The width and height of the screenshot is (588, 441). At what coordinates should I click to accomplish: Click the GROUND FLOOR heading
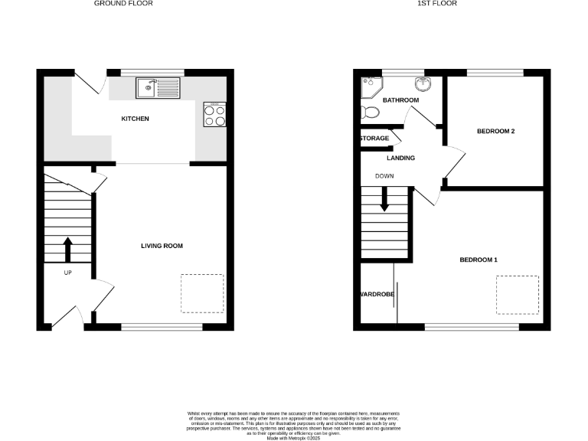[122, 4]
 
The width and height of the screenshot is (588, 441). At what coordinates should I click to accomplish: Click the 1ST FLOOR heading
[437, 4]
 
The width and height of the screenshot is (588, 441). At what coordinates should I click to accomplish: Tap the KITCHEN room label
[135, 119]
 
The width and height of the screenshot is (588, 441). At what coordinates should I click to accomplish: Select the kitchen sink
[158, 89]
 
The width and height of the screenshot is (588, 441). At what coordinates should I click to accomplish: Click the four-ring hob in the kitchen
[214, 115]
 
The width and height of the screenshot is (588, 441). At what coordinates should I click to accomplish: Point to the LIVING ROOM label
[162, 246]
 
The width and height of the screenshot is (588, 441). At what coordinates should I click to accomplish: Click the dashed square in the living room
[202, 293]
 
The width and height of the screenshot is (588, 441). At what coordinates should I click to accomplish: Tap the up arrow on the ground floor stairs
[67, 250]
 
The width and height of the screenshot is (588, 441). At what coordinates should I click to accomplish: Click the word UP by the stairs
[67, 273]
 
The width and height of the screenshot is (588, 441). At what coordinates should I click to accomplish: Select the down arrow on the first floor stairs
[384, 201]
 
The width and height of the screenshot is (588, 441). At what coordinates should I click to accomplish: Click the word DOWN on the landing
[384, 176]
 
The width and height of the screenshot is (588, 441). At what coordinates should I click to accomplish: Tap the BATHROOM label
[400, 100]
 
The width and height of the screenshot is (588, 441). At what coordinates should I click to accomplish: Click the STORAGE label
[374, 139]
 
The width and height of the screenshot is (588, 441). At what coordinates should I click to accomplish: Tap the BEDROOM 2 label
[495, 132]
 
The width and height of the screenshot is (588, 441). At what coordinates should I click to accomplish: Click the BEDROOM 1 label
[479, 260]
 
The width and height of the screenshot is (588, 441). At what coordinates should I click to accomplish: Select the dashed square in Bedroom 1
[518, 295]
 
